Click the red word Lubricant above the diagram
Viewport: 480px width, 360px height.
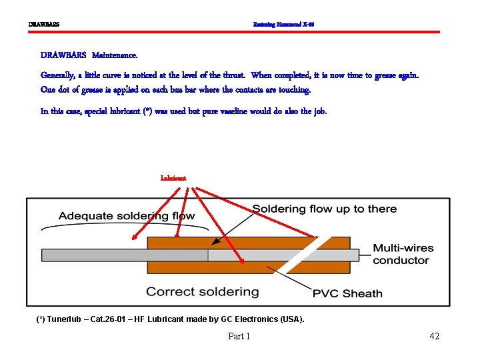coord(173,178)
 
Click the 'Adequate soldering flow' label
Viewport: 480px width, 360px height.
coord(127,215)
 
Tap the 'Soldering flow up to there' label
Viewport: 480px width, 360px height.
coord(324,209)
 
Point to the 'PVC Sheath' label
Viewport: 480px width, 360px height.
coord(347,293)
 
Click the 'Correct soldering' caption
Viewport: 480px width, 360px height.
coord(202,291)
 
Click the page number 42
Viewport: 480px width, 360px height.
coord(434,336)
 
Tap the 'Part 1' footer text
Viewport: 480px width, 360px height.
coord(239,336)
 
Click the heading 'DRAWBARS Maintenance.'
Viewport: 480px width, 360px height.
coord(89,55)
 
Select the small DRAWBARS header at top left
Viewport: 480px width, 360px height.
coord(44,25)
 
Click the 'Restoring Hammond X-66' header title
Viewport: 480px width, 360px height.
coord(283,25)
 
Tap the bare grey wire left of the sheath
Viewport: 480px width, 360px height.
coord(93,255)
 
